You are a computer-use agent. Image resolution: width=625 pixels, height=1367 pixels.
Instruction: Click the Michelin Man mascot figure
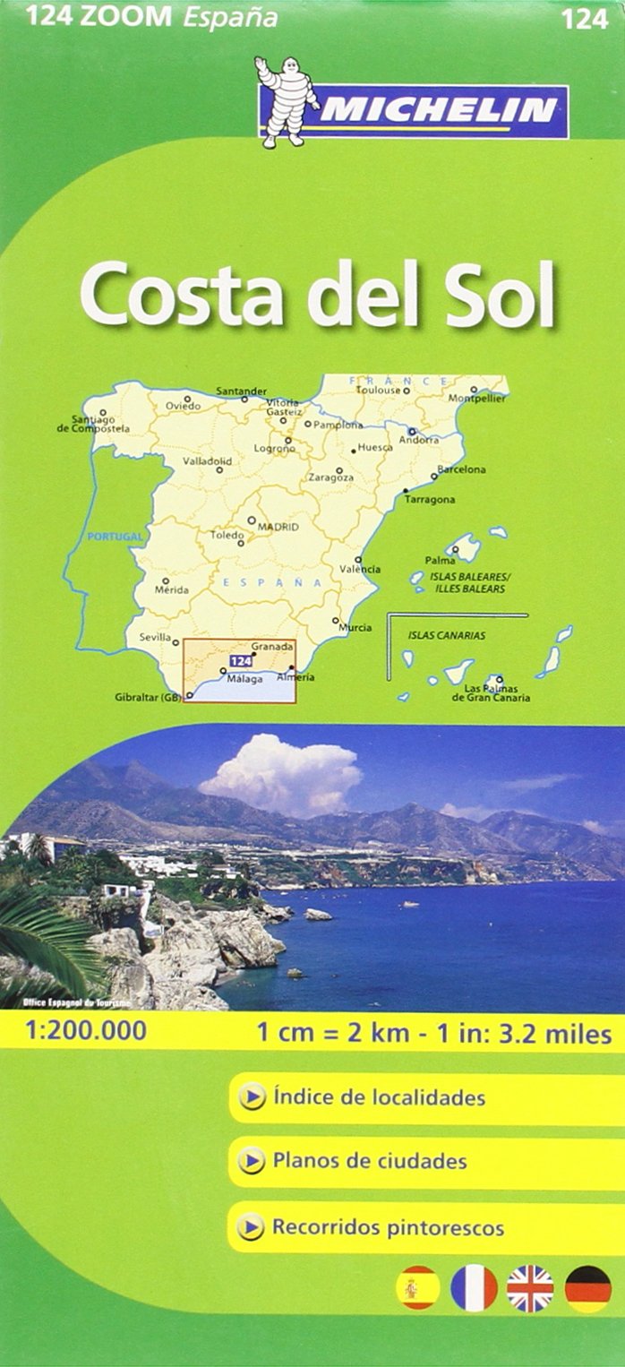click(286, 101)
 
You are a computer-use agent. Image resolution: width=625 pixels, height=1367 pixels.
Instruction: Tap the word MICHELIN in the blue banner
click(439, 111)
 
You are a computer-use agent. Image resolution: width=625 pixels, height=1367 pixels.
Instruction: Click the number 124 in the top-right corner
click(586, 19)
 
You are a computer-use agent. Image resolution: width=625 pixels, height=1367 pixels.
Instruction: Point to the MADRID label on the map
click(278, 528)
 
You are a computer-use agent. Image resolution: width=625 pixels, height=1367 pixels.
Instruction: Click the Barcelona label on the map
click(461, 469)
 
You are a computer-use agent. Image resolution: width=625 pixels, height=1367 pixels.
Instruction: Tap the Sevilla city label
click(155, 638)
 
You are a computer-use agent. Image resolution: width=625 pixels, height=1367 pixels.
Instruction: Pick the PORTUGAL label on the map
click(116, 537)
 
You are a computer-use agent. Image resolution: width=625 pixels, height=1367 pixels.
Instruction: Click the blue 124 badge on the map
click(238, 660)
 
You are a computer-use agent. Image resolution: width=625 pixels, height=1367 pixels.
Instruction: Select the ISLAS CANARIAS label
click(447, 635)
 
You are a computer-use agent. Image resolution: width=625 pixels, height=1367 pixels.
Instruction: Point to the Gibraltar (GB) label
click(148, 698)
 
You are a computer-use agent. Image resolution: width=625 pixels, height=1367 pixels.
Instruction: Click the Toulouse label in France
click(378, 391)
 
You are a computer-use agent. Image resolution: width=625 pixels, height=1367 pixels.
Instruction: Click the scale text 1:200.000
click(74, 1032)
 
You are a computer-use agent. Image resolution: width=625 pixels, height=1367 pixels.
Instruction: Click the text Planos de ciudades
click(369, 1162)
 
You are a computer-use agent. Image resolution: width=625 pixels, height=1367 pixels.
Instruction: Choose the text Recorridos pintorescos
click(388, 1227)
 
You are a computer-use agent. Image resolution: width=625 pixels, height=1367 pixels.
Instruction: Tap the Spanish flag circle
click(417, 1288)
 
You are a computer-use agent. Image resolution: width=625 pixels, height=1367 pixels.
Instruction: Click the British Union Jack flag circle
click(530, 1288)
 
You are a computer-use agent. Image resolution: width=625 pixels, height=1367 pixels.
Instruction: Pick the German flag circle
click(587, 1288)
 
